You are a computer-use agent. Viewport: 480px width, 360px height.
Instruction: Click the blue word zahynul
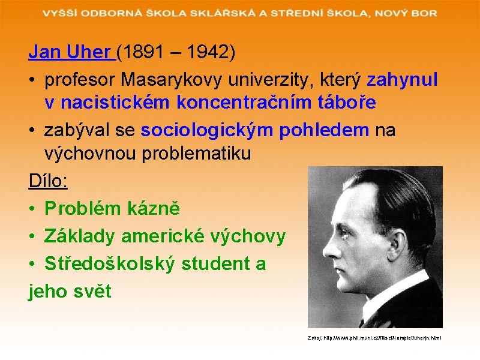click(x=402, y=79)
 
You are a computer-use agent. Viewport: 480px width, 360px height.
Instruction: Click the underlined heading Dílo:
click(x=48, y=181)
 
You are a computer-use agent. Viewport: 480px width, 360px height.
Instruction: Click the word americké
click(x=160, y=236)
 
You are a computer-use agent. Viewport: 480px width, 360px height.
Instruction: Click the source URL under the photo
click(x=374, y=338)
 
